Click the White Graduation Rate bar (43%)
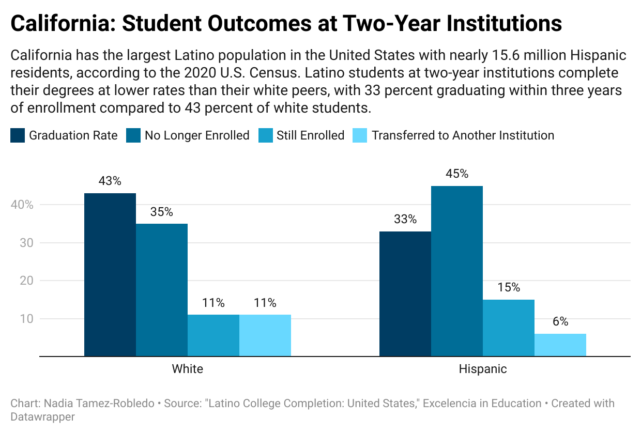coord(110,274)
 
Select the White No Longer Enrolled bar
coord(162,289)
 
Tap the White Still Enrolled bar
coord(213,335)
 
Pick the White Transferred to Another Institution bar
coord(265,335)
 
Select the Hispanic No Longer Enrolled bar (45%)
coord(457,271)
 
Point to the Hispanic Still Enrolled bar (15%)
coord(509,328)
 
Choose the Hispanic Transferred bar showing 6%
coord(560,345)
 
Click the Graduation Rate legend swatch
coord(18,136)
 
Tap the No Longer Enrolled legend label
coord(197,136)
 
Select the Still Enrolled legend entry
coord(310,136)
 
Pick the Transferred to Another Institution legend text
coord(463,136)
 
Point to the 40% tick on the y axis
coord(22,205)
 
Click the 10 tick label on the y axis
coord(26,319)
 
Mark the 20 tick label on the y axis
coord(26,281)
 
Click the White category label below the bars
coord(187,369)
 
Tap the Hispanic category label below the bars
coord(483,369)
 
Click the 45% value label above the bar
coord(457,174)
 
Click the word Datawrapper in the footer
coord(42,416)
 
